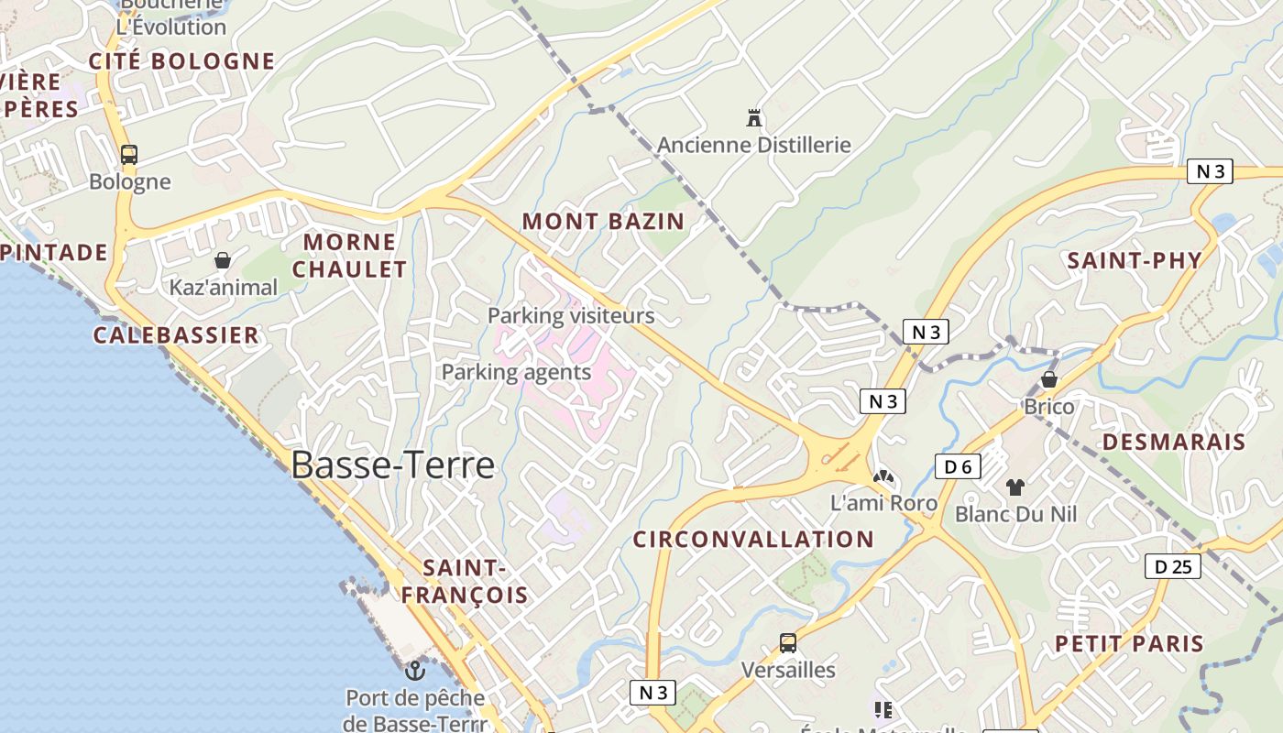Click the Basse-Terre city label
coord(392,465)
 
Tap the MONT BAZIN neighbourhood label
coord(603,221)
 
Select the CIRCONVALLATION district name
coord(753,539)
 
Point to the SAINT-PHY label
coord(1135,260)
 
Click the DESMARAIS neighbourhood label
coord(1174,442)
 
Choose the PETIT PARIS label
coord(1129,643)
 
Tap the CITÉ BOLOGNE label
coord(181,61)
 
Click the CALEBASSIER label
coord(176,334)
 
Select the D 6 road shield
coord(958,466)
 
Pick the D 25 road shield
coord(1173,566)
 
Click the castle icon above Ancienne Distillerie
coord(754,118)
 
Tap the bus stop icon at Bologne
coord(129,154)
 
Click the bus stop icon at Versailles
coord(788,643)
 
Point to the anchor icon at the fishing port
coord(415,671)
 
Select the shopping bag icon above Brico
coord(1049,379)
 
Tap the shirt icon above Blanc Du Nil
coord(1015,487)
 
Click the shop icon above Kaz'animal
coord(223,260)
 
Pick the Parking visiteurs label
coord(571,316)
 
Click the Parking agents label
coord(516,372)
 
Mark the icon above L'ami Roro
coord(883,477)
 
